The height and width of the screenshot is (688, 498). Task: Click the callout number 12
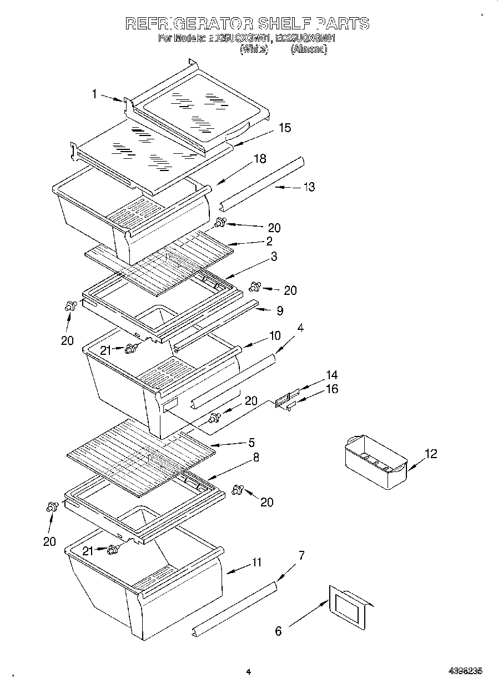[x=431, y=454]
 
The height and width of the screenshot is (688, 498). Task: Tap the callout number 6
[x=279, y=630]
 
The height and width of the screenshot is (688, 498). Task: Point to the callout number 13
[x=309, y=187]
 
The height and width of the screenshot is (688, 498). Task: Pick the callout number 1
[x=95, y=95]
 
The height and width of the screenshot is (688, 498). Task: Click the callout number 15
[x=284, y=128]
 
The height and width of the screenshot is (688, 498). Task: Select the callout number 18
[x=259, y=159]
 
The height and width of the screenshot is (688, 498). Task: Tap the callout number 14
[x=332, y=375]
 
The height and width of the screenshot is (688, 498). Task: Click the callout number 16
[x=332, y=389]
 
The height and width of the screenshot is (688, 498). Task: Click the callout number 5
[x=251, y=443]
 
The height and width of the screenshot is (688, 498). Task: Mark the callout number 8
[x=255, y=458]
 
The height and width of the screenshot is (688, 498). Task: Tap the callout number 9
[x=280, y=311]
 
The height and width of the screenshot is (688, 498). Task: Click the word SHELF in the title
[x=285, y=23]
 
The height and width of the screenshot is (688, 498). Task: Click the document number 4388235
[x=465, y=671]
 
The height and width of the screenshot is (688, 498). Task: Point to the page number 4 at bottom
[x=249, y=672]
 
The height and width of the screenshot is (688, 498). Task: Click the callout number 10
[x=275, y=335]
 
